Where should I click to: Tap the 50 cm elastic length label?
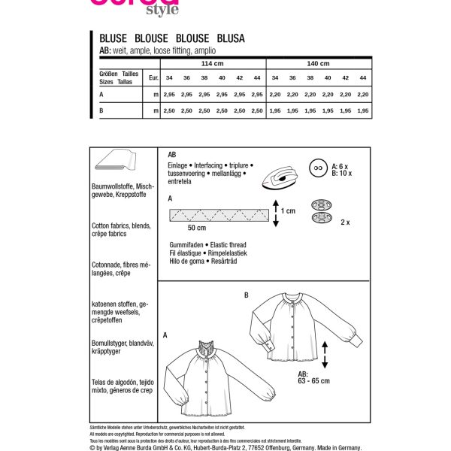tap(198, 228)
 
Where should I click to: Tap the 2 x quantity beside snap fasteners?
tap(345, 223)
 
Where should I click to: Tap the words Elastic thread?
tap(222, 245)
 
